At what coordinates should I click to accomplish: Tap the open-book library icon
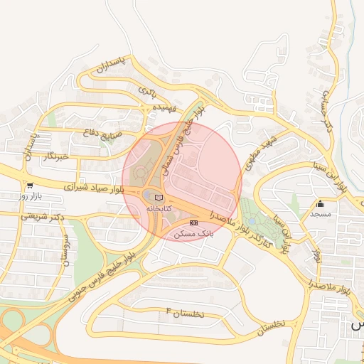tap(159, 198)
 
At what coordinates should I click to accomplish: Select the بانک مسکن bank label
tap(194, 234)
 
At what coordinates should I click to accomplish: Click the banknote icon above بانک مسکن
tap(194, 223)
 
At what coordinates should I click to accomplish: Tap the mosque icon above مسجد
tap(321, 203)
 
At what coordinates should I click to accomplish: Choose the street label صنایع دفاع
tap(104, 133)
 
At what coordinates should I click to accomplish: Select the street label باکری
tap(146, 92)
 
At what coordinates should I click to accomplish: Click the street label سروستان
tap(66, 250)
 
